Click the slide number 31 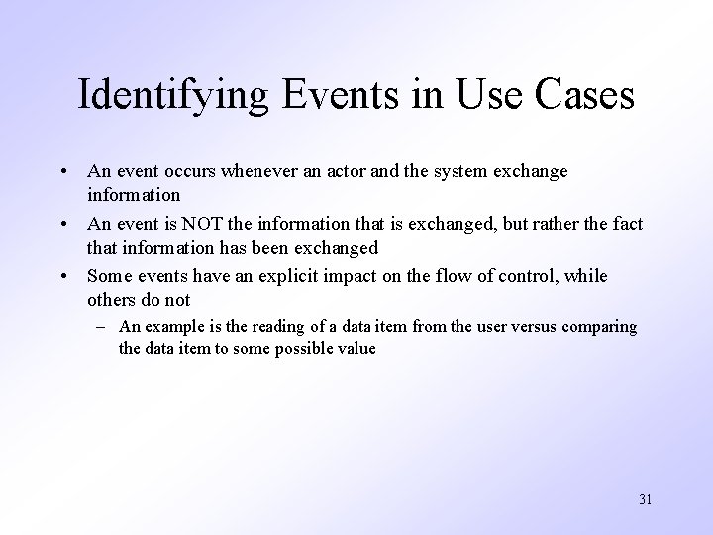coord(646,498)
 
